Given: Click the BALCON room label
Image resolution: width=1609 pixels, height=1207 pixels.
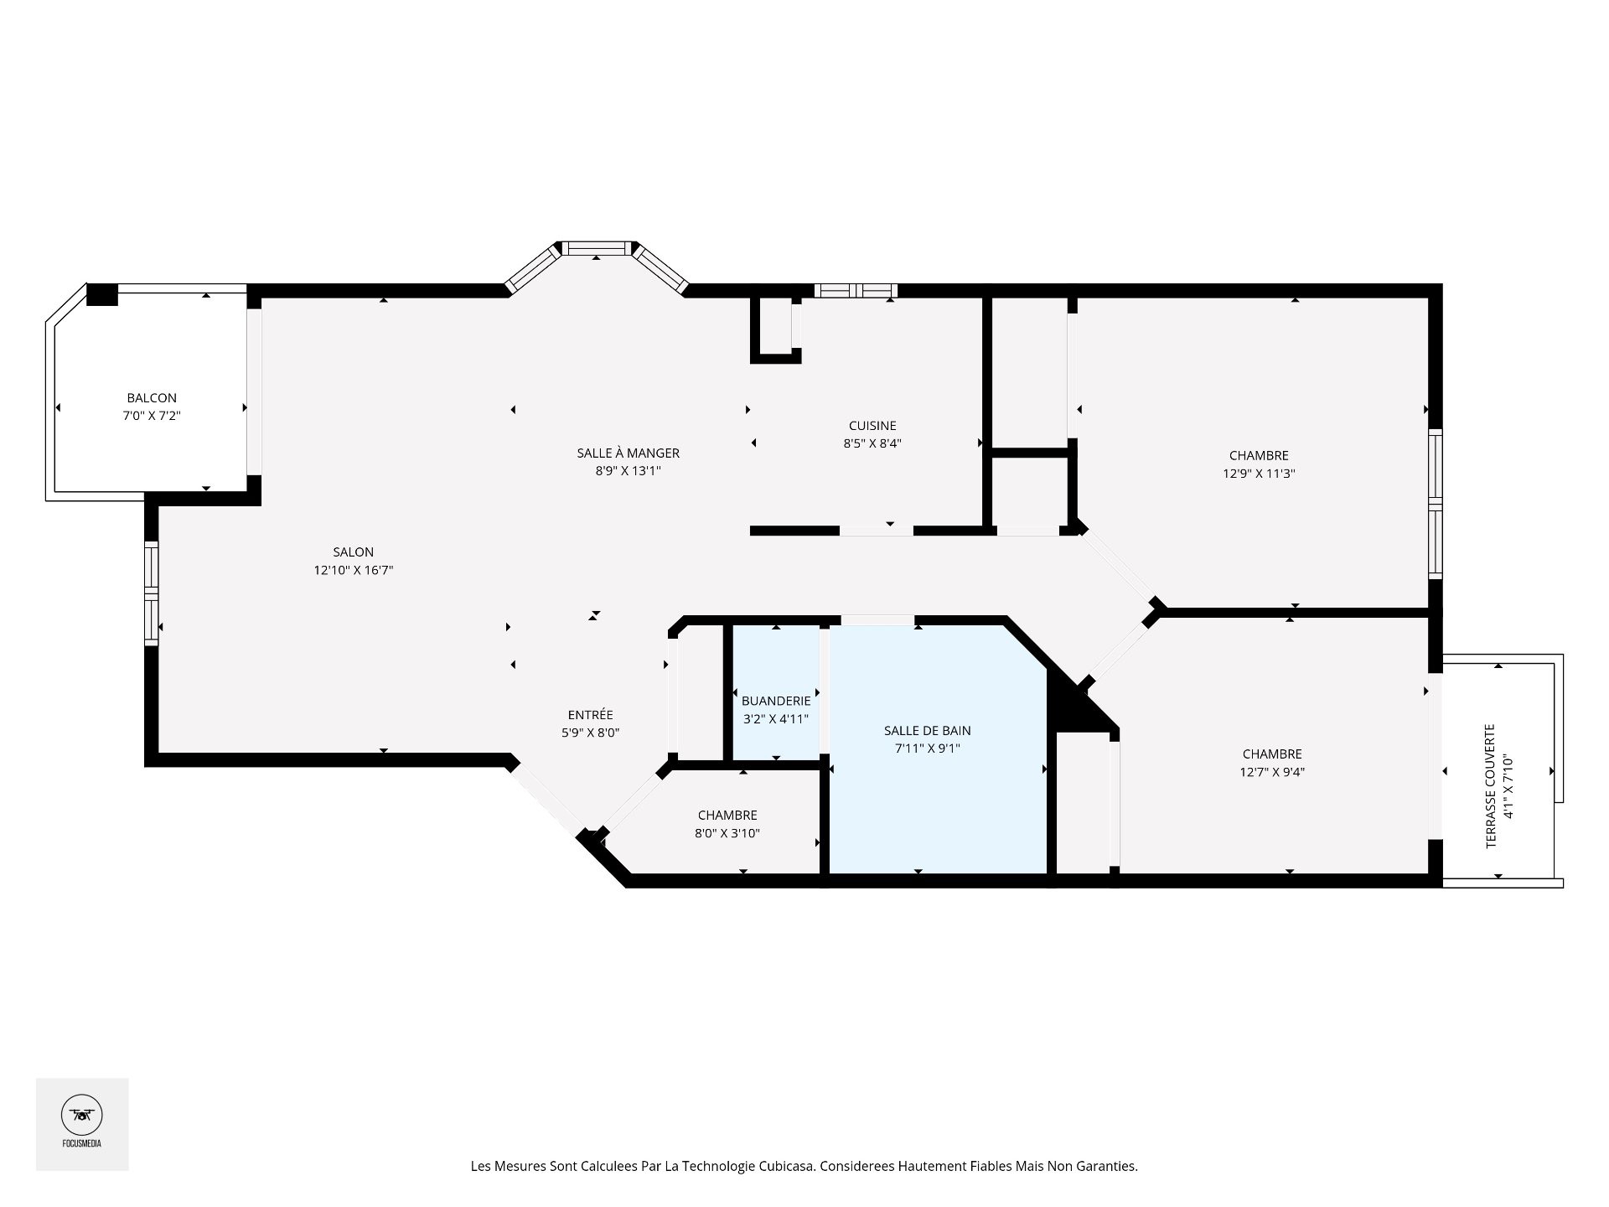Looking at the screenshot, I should point(152,398).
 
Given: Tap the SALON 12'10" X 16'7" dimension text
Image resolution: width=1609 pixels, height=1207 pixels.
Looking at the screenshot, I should point(353,571).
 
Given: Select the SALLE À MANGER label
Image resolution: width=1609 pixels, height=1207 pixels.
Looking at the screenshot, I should point(628,453).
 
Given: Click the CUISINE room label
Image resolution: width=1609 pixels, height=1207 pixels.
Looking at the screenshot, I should point(872,426).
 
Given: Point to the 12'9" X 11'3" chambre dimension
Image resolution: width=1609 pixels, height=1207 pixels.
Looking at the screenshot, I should point(1259,474).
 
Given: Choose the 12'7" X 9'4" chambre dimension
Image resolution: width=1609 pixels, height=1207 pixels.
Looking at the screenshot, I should point(1272,772).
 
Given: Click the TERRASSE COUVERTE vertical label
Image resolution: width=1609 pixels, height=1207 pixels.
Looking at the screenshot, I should point(1491,786).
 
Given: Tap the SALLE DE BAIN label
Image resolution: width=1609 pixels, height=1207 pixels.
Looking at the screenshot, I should point(927,731).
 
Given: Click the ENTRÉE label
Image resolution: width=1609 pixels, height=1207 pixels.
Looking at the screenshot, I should point(590,715).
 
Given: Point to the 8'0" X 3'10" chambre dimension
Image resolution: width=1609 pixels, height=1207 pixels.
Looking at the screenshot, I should point(727,833).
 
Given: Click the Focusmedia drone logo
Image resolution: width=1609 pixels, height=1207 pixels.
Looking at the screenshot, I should point(81,1116).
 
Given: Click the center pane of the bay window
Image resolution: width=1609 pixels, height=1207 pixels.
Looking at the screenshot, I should point(597,248).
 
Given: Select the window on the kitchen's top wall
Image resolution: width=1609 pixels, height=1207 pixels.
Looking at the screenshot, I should point(856,291).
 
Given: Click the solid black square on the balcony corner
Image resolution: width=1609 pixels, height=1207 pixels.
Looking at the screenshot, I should point(102,295).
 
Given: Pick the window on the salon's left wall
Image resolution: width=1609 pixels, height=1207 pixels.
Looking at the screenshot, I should point(151,593).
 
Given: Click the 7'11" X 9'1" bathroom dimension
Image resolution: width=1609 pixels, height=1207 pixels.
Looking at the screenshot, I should point(927,749).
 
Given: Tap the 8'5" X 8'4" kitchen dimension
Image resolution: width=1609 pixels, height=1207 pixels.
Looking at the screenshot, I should point(872,443).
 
